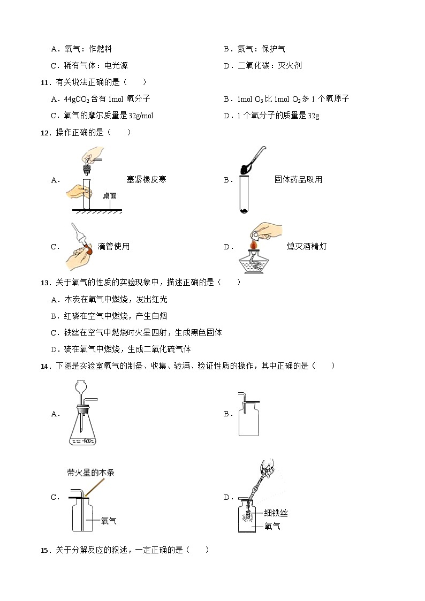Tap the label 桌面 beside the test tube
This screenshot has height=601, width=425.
(x=110, y=196)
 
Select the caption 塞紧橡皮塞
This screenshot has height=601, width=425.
(x=146, y=179)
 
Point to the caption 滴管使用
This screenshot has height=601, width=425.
(x=113, y=246)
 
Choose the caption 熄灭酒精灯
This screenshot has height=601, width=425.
(x=307, y=246)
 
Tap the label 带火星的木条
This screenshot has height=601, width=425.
(x=90, y=473)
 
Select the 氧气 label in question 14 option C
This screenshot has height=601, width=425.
(x=109, y=521)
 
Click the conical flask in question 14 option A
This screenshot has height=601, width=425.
(x=83, y=428)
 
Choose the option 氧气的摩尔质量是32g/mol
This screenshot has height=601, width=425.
(x=102, y=115)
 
